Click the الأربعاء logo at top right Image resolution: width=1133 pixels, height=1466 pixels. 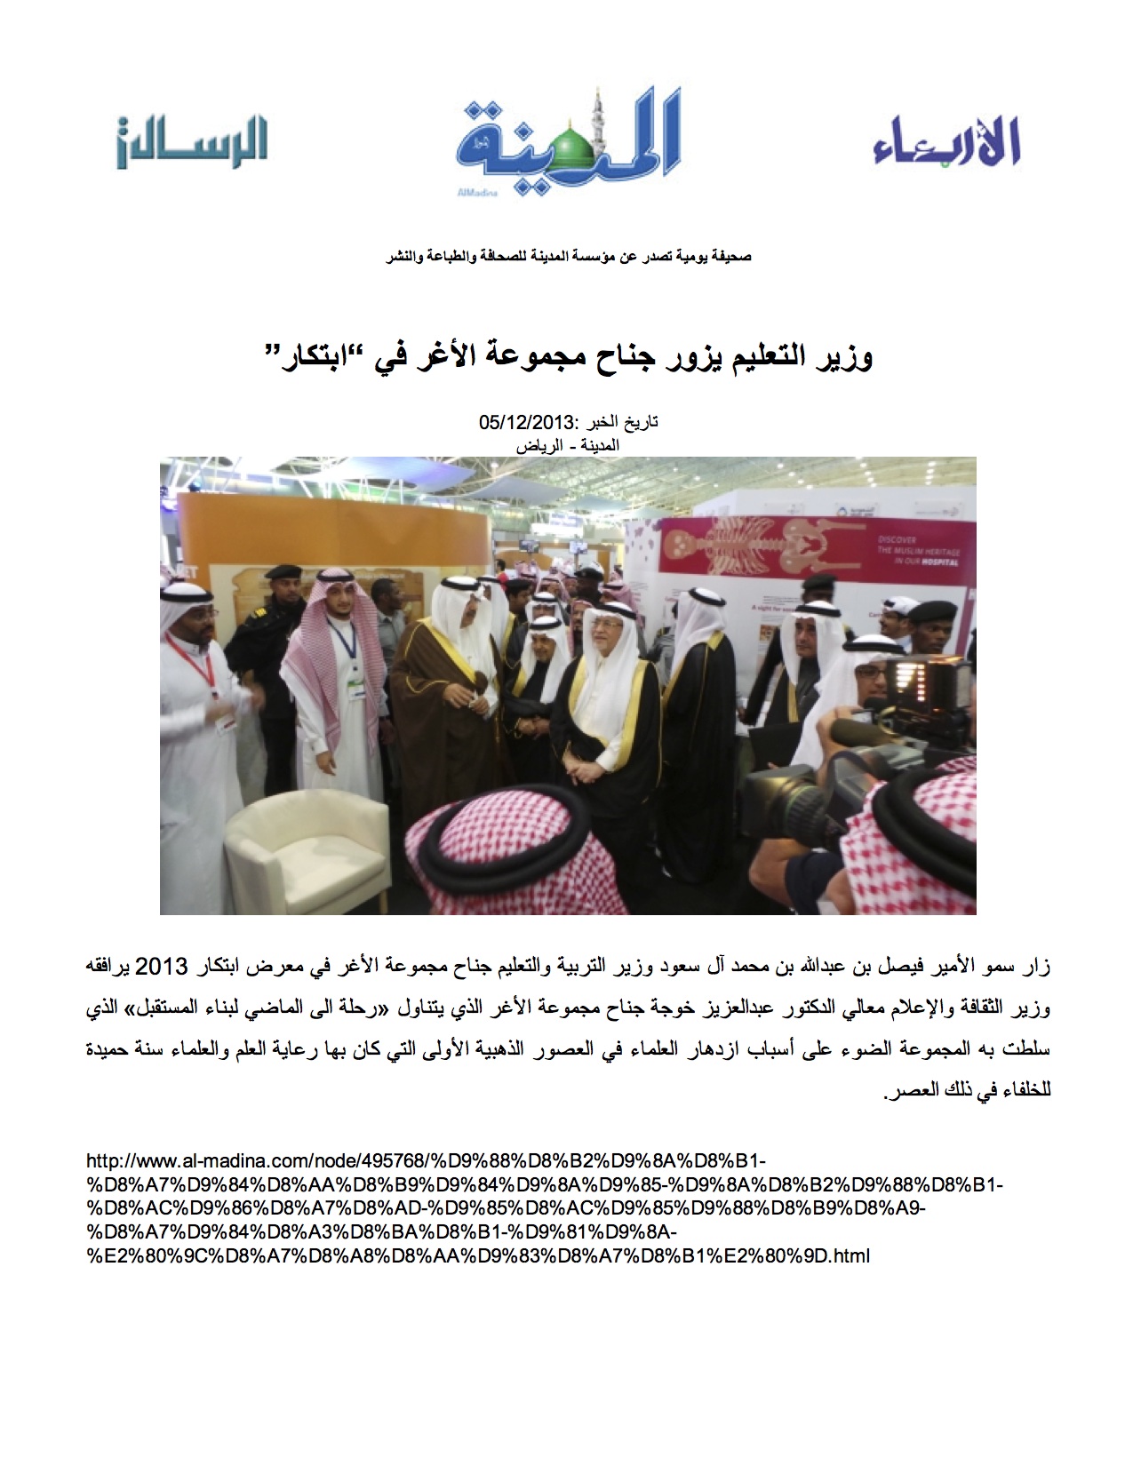tap(945, 141)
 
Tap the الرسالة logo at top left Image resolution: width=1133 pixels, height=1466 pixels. tap(192, 142)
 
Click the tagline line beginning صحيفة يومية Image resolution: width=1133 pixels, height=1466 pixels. tap(568, 257)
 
